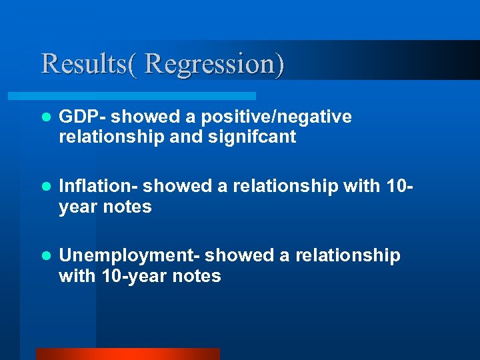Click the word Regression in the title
[x=214, y=64]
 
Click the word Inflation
[x=96, y=187]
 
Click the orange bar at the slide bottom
[x=127, y=354]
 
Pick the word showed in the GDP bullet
[x=138, y=117]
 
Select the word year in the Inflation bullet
[x=78, y=207]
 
